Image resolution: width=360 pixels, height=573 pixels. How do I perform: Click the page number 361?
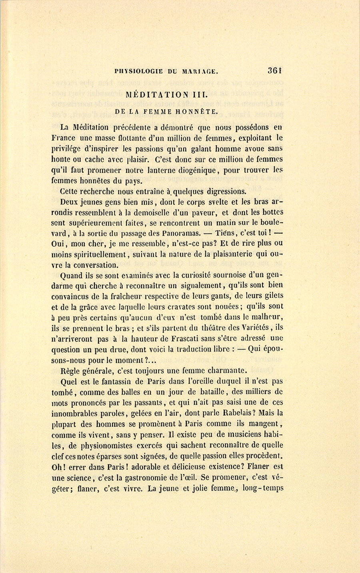click(x=276, y=71)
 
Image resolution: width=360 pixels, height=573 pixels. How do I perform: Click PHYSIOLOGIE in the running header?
click(x=138, y=72)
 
